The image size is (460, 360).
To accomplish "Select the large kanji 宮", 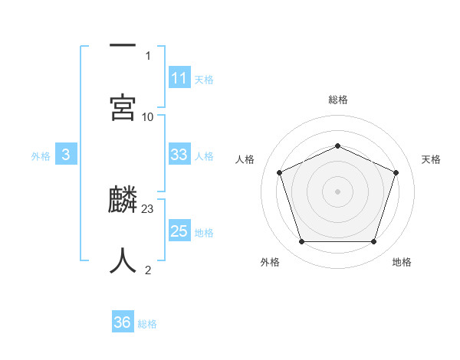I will pos(123,107).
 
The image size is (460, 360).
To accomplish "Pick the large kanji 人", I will pos(123,260).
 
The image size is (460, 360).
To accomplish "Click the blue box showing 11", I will pos(179,78).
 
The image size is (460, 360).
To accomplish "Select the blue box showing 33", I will pos(179,155).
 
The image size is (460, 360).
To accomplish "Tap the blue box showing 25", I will pos(179,231).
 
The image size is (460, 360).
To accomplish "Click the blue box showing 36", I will pos(123,322).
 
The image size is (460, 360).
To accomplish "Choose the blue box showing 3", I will pos(66,155).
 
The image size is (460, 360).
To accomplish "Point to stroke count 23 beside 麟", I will pos(149,208).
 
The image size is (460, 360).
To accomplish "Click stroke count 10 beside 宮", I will pos(148,116).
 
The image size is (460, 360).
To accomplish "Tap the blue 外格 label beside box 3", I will pos(41,156).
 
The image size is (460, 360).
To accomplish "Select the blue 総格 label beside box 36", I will pos(147,324).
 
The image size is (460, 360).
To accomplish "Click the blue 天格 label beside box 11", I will pos(204,80).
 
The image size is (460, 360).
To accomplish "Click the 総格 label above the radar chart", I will pos(338,100).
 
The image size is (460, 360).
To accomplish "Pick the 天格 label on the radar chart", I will pos(432,159).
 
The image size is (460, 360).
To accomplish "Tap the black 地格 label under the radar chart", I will pos(402,262).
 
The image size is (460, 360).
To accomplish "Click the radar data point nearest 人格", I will pos(279,172).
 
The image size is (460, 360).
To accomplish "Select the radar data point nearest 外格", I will pos(301,242).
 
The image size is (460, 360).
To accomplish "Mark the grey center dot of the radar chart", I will pos(337,191).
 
